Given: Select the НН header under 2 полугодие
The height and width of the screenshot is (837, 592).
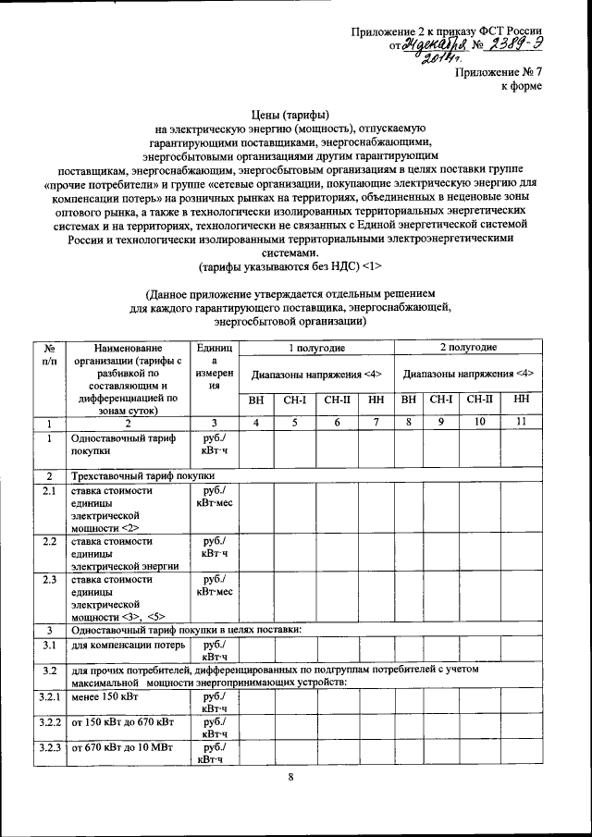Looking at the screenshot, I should coord(521,400).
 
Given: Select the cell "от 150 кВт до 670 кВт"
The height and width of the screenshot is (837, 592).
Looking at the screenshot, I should coord(124,720).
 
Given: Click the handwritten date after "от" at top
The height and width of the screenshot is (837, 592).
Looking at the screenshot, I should coord(441,43).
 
